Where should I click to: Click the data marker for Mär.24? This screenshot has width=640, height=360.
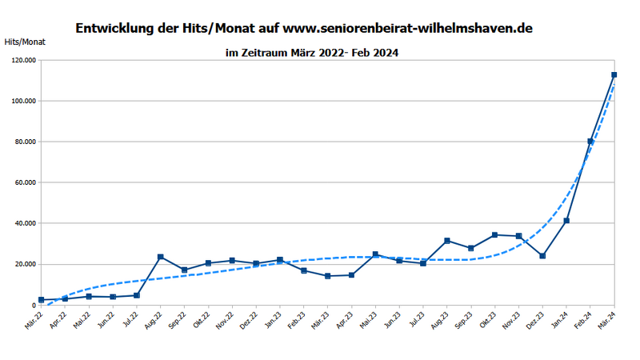click(614, 74)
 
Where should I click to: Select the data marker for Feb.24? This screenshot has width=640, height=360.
click(590, 142)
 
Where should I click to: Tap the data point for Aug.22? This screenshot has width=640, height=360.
click(161, 257)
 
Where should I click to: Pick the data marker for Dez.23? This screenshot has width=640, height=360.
click(542, 256)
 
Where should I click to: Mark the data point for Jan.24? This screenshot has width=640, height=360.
click(566, 221)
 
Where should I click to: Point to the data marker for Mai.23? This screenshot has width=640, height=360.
click(375, 254)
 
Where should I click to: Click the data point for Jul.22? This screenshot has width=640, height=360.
click(137, 295)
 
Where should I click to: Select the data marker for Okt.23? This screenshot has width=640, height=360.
click(494, 234)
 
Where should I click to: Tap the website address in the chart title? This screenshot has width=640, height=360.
click(408, 28)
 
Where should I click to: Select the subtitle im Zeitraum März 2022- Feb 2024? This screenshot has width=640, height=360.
click(312, 53)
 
